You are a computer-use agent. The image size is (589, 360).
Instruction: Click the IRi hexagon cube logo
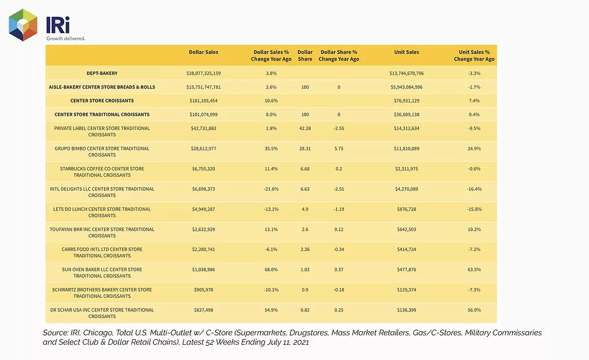[23, 25]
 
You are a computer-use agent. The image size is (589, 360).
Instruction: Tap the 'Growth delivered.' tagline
[66, 38]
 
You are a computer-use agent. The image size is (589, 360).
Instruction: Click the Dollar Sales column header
[203, 52]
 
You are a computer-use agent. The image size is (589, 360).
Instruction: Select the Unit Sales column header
[406, 52]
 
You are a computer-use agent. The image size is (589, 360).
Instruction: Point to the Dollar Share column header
[305, 56]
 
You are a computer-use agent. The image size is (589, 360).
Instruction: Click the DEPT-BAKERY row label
[102, 73]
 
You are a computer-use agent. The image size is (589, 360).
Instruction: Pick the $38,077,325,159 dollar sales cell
[203, 73]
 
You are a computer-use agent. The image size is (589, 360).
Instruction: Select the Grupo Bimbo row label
[102, 152]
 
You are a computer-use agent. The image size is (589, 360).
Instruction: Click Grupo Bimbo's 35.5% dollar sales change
[271, 148]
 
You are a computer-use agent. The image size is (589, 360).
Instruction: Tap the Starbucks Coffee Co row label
[102, 172]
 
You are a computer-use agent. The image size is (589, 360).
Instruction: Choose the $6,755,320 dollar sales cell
[203, 169]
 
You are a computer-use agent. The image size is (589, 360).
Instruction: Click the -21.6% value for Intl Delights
[271, 189]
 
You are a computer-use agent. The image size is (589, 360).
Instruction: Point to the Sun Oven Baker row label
[102, 272]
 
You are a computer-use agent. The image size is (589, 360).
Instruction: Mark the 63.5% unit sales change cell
[474, 269]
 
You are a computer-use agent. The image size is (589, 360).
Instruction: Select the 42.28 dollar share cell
[305, 128]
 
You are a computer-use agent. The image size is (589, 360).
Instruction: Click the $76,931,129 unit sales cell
[406, 101]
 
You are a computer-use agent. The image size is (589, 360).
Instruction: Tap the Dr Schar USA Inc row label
[102, 313]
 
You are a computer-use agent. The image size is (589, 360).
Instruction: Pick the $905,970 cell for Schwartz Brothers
[203, 290]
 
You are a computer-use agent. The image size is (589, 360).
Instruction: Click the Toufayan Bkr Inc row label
[102, 232]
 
